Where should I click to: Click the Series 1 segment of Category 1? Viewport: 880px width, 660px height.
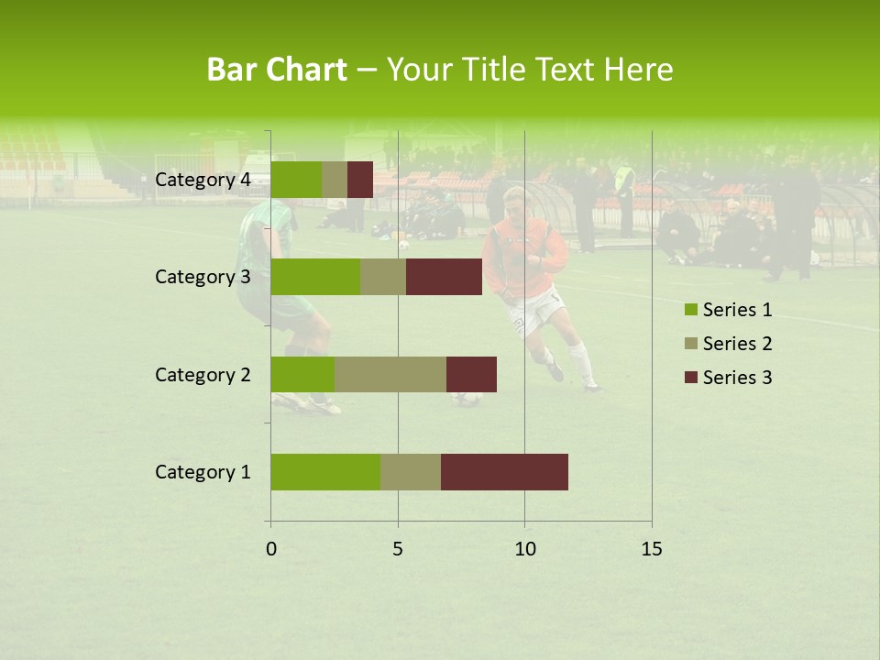[x=325, y=472]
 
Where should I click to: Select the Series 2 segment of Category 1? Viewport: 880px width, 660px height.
[x=411, y=472]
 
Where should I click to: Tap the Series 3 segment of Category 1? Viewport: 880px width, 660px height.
[x=504, y=472]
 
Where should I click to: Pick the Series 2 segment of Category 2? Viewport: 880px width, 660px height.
[x=390, y=374]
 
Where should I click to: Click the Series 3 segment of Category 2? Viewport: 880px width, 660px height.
[x=471, y=374]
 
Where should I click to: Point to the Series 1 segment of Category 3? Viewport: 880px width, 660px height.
[x=315, y=277]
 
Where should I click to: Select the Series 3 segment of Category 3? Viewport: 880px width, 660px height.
[x=444, y=277]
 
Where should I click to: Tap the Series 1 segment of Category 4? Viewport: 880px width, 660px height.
[x=296, y=180]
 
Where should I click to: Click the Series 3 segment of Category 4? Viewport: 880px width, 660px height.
[x=360, y=180]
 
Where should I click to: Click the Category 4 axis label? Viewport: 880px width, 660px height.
[x=203, y=180]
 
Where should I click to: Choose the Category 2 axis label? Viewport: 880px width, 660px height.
[x=203, y=374]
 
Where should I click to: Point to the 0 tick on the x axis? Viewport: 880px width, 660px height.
[x=271, y=549]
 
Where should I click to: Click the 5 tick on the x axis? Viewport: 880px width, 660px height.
[x=398, y=549]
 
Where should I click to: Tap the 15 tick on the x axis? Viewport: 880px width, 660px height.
[x=652, y=549]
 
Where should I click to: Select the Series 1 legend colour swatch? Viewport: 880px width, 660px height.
[x=690, y=310]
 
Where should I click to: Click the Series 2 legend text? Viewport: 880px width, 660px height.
[x=737, y=344]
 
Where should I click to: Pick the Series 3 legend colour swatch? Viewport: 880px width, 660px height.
[x=690, y=378]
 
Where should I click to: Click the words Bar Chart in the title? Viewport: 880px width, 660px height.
[x=277, y=70]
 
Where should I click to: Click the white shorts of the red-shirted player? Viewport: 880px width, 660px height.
[x=536, y=312]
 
